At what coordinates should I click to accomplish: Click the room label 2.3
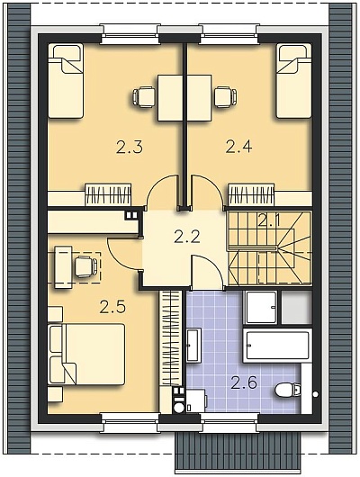point(129,148)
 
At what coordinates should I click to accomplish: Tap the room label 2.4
point(238,147)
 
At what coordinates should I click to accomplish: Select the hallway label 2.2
point(187,237)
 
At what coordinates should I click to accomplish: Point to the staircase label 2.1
point(268,220)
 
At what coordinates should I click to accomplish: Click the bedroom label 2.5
point(112,307)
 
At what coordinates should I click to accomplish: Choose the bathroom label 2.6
point(245,382)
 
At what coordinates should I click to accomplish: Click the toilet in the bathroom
point(288,390)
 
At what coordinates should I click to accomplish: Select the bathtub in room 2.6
point(277,346)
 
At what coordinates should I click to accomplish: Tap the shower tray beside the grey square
point(262,308)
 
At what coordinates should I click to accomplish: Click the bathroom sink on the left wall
point(193,345)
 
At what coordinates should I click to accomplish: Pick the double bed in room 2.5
point(86,354)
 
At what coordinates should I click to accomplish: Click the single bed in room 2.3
point(66,81)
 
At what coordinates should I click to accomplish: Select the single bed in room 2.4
point(294,81)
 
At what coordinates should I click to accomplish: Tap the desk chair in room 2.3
point(144,97)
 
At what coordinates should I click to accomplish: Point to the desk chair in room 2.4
point(226,97)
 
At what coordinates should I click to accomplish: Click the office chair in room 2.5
point(86,266)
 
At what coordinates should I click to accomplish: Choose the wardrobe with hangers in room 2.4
point(251,194)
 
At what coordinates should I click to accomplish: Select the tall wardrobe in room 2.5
point(170,337)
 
